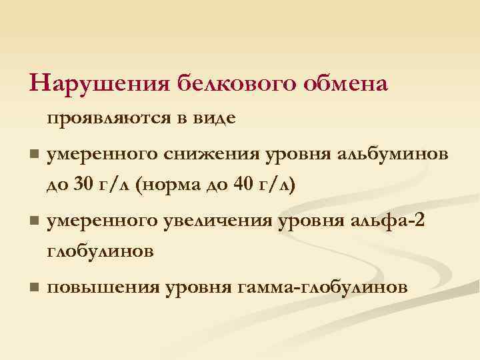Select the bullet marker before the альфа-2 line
coord(33,220)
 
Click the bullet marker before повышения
coord(33,287)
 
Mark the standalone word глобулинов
coord(101,251)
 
